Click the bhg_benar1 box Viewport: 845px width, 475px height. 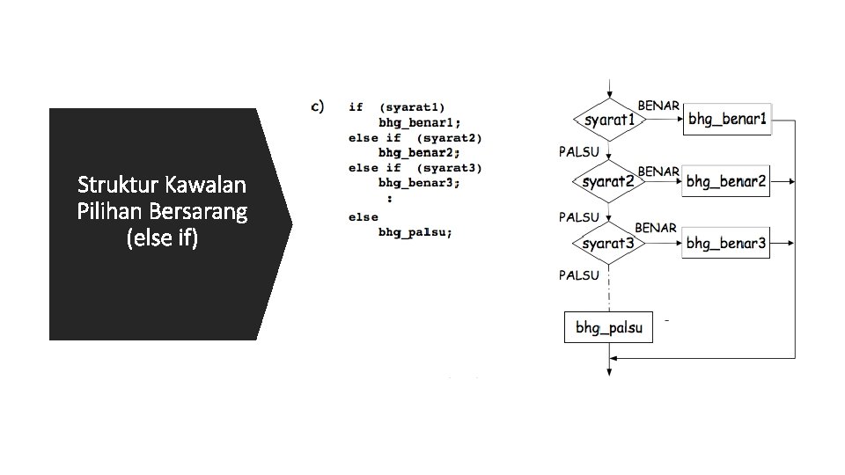point(727,119)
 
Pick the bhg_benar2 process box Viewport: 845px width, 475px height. point(726,182)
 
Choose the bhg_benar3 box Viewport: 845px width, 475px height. point(726,243)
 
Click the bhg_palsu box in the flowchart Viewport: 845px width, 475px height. point(608,328)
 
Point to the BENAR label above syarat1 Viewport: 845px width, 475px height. point(658,106)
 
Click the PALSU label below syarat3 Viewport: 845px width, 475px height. point(578,275)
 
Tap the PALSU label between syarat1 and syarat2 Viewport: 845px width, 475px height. point(578,151)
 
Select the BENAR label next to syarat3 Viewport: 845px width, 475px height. point(656,228)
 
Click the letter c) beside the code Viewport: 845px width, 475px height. point(319,107)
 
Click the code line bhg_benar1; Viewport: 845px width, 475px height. point(419,122)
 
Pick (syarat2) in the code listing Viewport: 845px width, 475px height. point(449,137)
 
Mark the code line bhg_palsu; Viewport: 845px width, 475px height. point(415,232)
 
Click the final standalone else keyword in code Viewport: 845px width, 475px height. point(363,217)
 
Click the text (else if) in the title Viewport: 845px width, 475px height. point(163,238)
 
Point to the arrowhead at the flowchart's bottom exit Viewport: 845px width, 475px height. point(608,373)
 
